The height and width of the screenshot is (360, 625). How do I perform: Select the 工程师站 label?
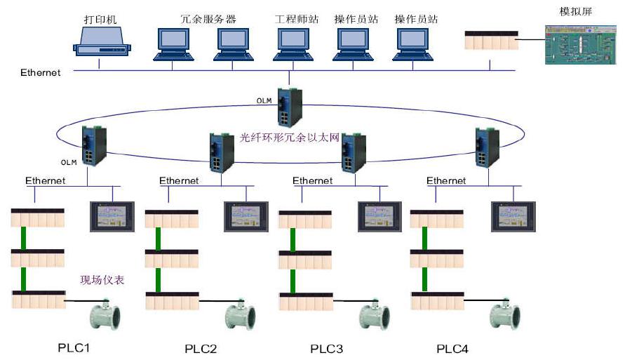pos(296,19)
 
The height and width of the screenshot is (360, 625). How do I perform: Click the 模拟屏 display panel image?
pos(579,45)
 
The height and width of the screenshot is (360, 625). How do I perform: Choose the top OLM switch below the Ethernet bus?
pos(289,106)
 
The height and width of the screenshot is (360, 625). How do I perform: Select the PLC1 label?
pos(74,347)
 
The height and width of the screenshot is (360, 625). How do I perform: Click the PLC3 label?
pos(328,348)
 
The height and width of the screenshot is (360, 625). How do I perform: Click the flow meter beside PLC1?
pos(103,314)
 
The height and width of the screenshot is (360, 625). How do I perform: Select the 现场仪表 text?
pos(101,280)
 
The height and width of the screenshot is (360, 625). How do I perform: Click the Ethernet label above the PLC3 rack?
pos(313,181)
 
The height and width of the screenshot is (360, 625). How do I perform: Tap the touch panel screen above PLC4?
pos(513,216)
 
